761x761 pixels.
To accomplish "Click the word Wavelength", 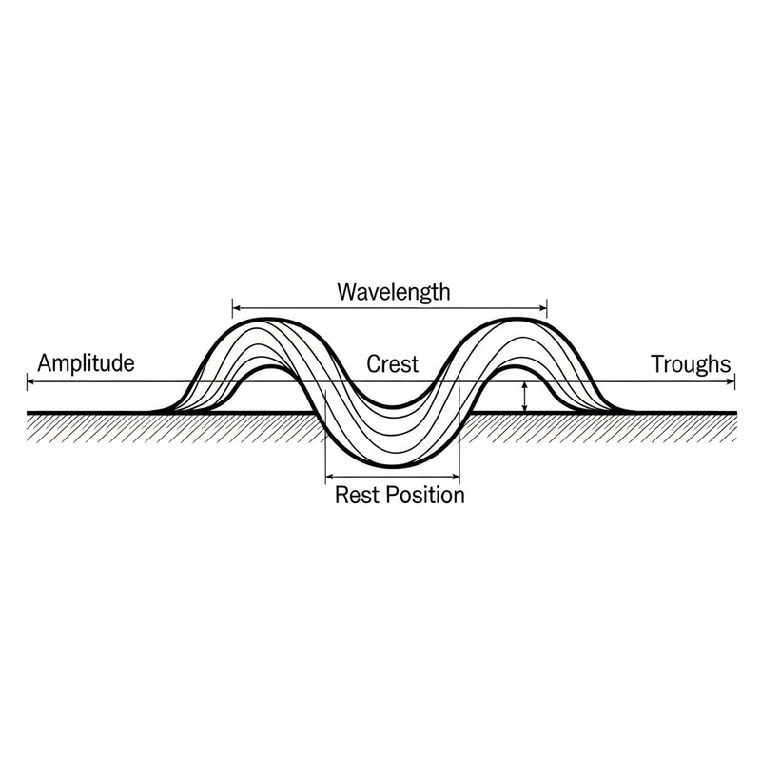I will coord(393,292).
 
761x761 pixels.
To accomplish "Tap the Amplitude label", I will coord(86,363).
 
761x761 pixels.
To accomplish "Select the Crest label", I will coord(392,364).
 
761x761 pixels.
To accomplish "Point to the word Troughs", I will coord(692,363).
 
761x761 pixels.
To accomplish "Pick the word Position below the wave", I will coord(425,496).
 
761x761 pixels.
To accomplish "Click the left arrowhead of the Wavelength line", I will coord(235,307).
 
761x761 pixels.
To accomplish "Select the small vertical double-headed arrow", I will coord(524,397).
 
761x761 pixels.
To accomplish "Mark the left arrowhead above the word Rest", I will coord(328,475).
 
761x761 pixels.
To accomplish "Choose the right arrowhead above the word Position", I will coord(457,475).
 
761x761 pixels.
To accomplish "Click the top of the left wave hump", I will coord(268,320).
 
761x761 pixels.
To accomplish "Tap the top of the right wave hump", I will coord(517,320).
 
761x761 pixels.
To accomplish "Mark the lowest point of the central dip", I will coord(392,469).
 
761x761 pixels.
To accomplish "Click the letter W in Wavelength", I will coord(345,292).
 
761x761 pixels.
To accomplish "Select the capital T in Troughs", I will coord(656,363).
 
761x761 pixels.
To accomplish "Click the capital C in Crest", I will coord(373,364).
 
